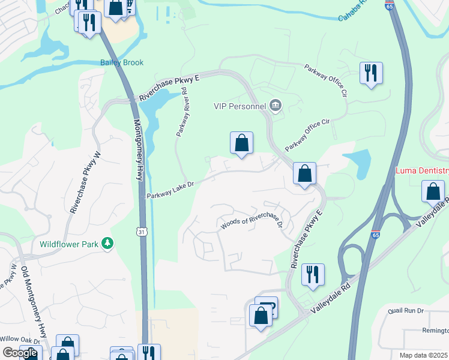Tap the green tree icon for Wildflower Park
[x=107, y=243]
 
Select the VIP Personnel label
[x=240, y=106]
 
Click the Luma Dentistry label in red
[x=421, y=171]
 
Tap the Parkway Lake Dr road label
[x=170, y=191]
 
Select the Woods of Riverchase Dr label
[x=251, y=223]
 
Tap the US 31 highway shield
[x=141, y=231]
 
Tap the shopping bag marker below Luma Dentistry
[x=433, y=192]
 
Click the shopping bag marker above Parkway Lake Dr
[x=241, y=143]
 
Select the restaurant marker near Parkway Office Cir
[x=371, y=73]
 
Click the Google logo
[x=20, y=353]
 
